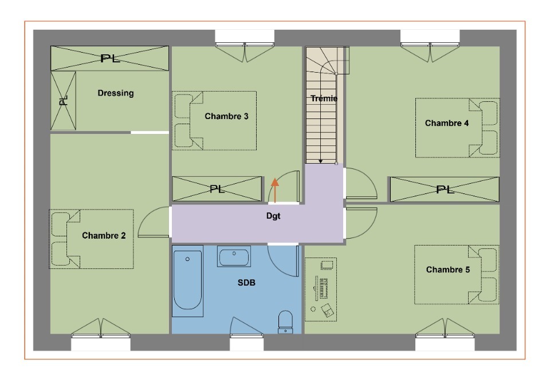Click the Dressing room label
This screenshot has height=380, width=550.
click(116, 93)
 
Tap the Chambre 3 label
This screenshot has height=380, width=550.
click(226, 116)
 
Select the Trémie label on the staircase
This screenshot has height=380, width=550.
click(324, 98)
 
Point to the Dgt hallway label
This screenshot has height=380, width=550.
click(273, 216)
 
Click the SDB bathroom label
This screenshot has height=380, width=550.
click(246, 283)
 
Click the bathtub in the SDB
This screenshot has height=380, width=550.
click(188, 280)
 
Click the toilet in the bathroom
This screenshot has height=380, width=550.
click(285, 322)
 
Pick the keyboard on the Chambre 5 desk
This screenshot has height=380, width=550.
click(323, 288)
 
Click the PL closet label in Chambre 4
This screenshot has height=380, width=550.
click(445, 190)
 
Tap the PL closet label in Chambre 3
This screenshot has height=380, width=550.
click(217, 189)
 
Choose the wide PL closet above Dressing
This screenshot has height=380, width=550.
click(110, 58)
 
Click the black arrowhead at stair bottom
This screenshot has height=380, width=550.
click(321, 161)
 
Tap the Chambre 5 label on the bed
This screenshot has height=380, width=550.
click(447, 270)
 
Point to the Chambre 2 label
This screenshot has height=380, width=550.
click(104, 236)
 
